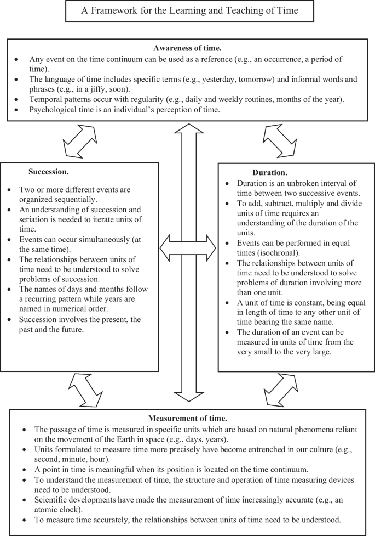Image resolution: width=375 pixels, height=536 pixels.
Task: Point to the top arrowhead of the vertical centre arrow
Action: tap(188, 132)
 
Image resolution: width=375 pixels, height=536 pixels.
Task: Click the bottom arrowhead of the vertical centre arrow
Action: tap(188, 395)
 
